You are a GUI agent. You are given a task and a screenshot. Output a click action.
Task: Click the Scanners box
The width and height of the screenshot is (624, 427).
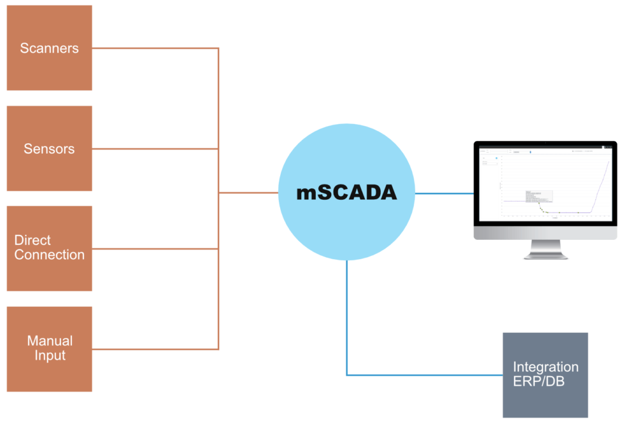tap(49, 48)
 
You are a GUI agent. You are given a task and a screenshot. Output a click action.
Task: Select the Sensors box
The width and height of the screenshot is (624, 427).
tap(49, 148)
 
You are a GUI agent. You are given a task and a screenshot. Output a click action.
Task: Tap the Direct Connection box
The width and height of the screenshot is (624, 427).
tap(49, 248)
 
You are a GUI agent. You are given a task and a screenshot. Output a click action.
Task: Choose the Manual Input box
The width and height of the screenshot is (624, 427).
tap(49, 349)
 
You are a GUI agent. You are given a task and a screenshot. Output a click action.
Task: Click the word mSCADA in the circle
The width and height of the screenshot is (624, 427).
tap(346, 193)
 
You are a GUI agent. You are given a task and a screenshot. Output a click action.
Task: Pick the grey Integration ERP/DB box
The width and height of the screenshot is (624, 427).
tap(545, 375)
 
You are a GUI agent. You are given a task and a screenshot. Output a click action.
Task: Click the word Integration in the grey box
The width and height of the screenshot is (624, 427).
tap(546, 367)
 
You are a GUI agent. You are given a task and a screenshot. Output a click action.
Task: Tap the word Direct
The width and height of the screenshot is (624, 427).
tap(32, 241)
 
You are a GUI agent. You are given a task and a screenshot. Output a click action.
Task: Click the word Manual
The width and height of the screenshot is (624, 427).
tap(50, 341)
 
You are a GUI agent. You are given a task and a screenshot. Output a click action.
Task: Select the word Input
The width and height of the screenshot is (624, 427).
tap(50, 356)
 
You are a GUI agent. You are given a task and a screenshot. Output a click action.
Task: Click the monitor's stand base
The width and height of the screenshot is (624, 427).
tap(546, 255)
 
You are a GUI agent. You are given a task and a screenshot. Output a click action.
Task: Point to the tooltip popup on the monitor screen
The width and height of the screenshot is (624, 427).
tap(539, 197)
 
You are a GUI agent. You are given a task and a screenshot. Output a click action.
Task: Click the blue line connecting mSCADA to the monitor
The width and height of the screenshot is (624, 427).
tap(444, 193)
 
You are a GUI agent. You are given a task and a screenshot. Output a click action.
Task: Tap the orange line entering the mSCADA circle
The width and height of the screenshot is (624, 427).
tap(248, 193)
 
